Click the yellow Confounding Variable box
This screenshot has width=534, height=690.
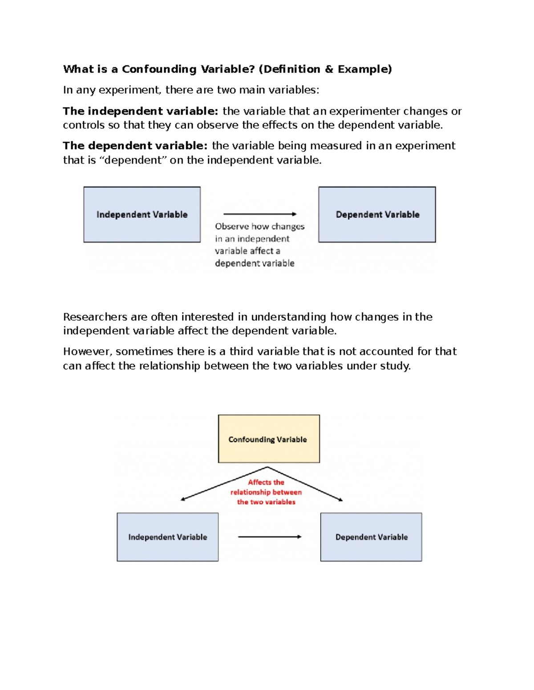click(269, 439)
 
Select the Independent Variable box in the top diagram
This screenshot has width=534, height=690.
click(142, 215)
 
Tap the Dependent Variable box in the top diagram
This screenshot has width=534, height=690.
click(377, 215)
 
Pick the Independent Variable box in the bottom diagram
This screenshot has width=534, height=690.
click(167, 537)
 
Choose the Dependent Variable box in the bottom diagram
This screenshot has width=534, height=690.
click(371, 537)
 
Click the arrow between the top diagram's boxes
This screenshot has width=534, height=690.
click(260, 214)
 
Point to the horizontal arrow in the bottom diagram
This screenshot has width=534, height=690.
click(270, 537)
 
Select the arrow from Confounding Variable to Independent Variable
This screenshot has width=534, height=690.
click(222, 484)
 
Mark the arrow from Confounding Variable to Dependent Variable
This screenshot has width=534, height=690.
click(307, 485)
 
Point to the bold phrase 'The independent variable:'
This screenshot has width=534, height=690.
click(140, 111)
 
